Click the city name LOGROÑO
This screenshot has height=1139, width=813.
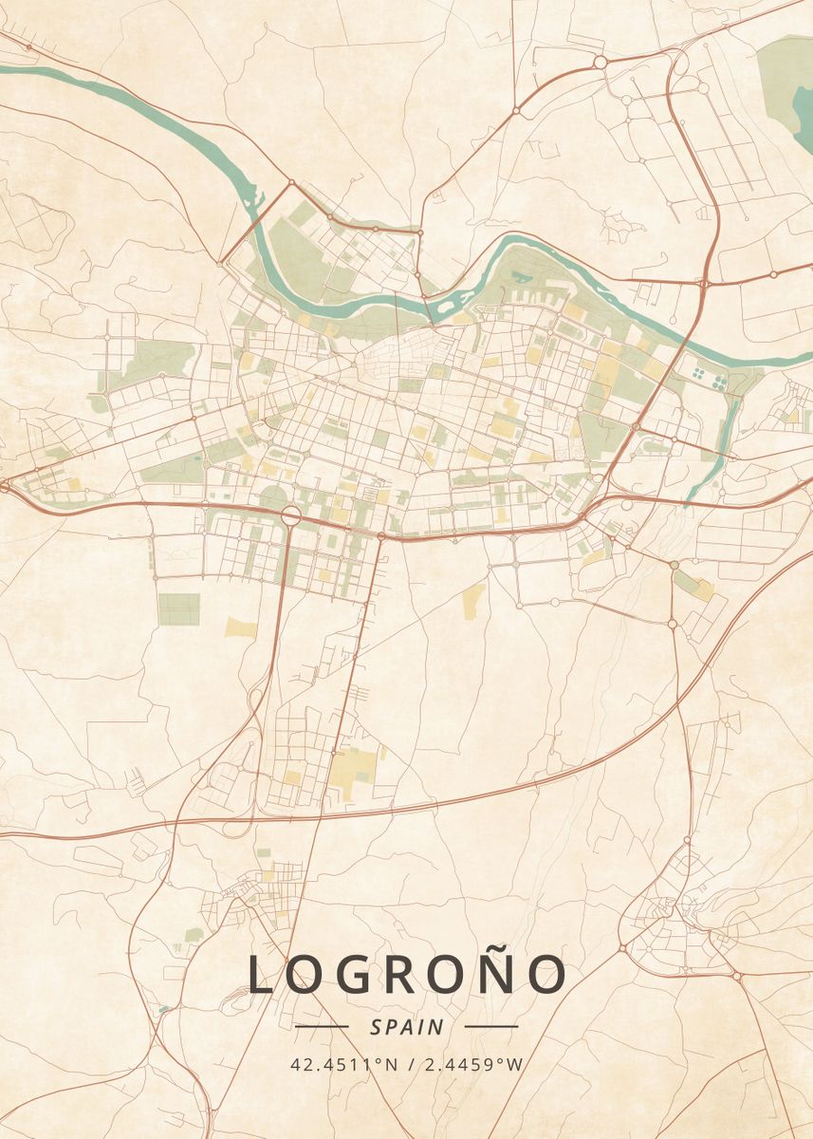(x=407, y=975)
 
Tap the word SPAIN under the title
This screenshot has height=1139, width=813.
(x=407, y=1027)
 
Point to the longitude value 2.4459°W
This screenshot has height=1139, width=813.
(x=472, y=1064)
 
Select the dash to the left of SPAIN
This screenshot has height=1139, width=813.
(x=322, y=1027)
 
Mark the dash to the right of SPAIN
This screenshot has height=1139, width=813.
(x=491, y=1027)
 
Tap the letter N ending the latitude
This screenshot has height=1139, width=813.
(x=392, y=1064)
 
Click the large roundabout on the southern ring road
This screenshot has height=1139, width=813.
(x=289, y=515)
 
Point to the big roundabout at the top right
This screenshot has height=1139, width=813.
(x=601, y=62)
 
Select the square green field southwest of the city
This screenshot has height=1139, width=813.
(x=179, y=609)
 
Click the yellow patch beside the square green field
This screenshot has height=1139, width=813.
(x=241, y=626)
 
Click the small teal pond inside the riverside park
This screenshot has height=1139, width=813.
(x=521, y=276)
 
